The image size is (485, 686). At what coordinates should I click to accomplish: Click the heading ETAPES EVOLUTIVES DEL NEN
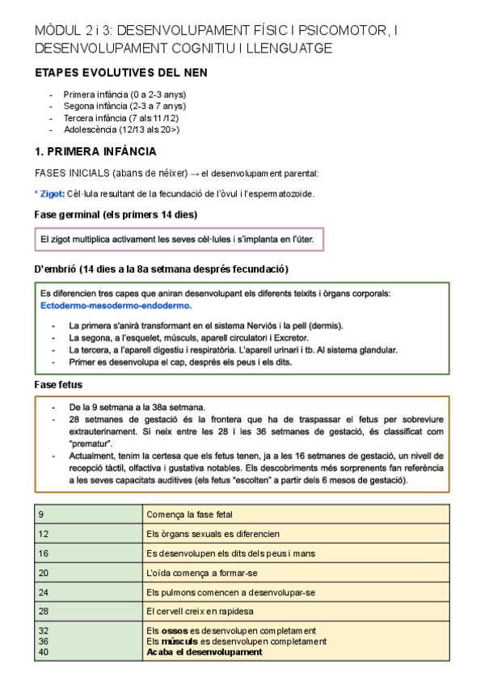121,73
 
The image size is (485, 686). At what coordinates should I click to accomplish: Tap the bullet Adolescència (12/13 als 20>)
121,129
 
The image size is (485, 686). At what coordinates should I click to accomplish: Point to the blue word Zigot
53,193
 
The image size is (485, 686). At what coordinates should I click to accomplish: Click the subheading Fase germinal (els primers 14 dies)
116,214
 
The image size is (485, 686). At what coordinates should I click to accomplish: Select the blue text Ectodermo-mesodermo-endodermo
116,307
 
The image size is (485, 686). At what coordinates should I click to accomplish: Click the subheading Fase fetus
59,384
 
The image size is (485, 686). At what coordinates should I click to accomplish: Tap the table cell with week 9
89,514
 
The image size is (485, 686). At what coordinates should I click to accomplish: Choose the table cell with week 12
89,533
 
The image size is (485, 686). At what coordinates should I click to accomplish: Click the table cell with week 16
89,553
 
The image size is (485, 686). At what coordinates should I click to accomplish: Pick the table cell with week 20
89,573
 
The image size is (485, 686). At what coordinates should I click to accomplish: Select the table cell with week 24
89,592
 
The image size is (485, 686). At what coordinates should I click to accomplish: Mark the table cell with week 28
89,612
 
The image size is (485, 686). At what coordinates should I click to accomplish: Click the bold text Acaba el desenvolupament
204,652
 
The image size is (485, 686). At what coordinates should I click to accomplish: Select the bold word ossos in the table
174,631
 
